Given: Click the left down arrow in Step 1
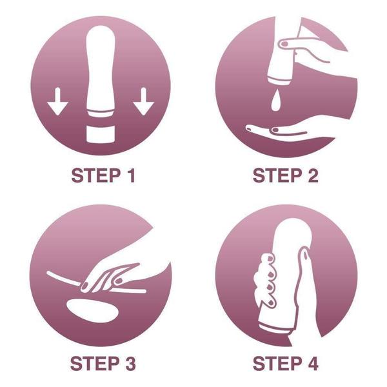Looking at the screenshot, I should [58, 102].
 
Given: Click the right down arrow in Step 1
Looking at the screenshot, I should [143, 102].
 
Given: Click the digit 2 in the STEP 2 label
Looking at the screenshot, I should [312, 176].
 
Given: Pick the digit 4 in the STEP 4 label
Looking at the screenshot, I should [312, 363].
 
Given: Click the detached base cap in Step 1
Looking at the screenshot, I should [100, 135].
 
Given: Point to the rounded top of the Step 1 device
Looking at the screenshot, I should [100, 39].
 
